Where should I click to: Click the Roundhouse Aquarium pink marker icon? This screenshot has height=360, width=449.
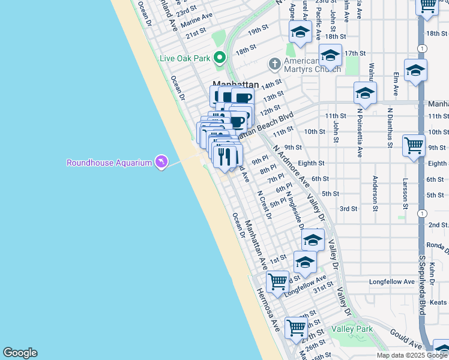coord(161,162)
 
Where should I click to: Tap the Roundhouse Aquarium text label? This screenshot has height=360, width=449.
coord(109,163)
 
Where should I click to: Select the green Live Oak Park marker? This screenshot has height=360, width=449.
coord(220,58)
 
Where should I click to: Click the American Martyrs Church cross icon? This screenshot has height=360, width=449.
coord(274,63)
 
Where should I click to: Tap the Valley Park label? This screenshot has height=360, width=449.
coord(352,329)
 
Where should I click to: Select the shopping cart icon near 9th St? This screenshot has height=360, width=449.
coord(414,145)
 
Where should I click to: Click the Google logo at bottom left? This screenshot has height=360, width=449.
coord(20,353)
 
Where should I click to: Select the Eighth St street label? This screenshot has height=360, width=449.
coord(311,163)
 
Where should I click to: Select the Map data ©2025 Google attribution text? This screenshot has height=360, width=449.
coord(412,355)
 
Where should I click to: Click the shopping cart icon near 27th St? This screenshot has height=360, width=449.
coord(297,328)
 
